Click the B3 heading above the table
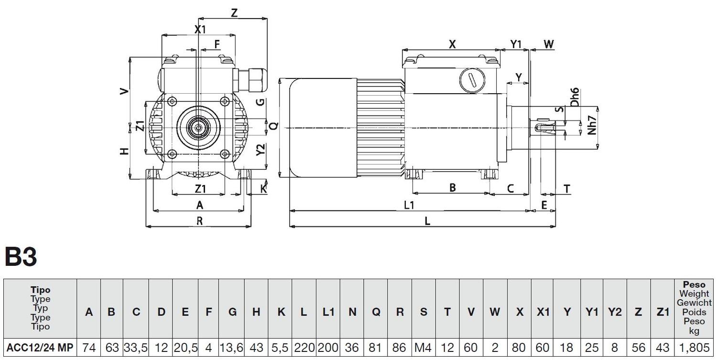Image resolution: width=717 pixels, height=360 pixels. pos(21,257)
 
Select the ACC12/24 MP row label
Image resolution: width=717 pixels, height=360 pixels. pos(40,348)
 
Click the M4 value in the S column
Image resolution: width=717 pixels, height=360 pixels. pos(423,348)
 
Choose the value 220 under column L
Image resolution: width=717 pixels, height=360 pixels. pos(304,348)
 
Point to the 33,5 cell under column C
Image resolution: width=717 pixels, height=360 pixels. pos(136,348)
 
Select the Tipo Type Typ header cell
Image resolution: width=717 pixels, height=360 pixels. pos(40,308)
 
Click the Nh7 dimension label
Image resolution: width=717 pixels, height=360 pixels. pos(593,126)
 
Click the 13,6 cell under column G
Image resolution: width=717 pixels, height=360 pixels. pos(232,348)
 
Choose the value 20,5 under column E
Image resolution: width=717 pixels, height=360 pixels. pos(185,348)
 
